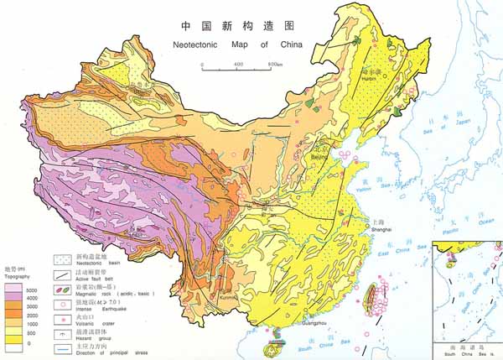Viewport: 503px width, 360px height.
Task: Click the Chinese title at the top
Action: [x=227, y=27]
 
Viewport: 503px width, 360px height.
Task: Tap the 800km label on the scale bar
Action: [x=274, y=64]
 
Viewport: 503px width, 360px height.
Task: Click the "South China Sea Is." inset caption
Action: [x=467, y=352]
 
